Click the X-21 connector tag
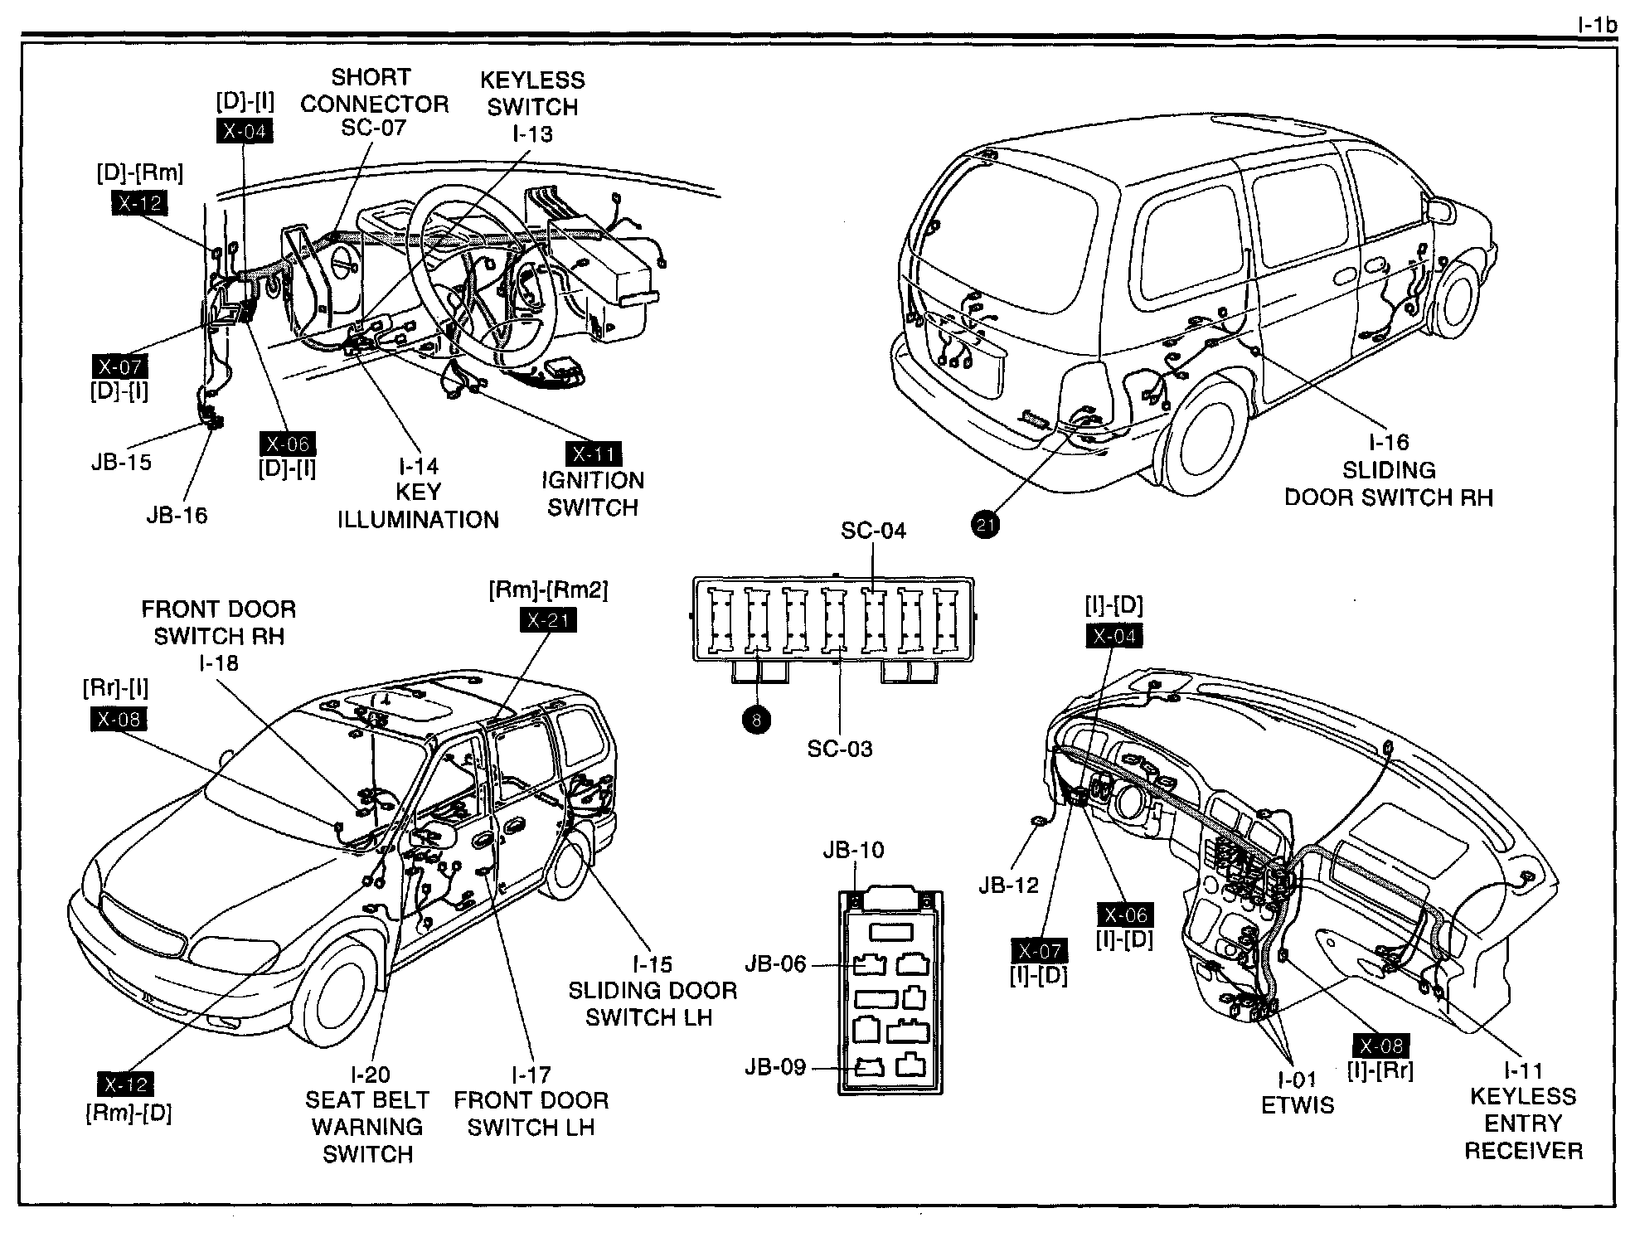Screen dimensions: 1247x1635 coord(547,620)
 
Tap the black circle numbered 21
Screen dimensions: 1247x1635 coord(986,524)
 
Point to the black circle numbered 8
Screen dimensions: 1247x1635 coord(756,721)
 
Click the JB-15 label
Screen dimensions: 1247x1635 coord(121,462)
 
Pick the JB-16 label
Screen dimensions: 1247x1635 coord(177,515)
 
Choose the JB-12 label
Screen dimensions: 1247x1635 coord(1008,885)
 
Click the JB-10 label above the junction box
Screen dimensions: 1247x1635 coord(853,850)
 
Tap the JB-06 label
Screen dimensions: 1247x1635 coord(775,963)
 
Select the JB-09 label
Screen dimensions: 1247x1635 coord(775,1067)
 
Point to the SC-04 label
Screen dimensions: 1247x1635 coord(873,531)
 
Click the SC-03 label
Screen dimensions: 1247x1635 coord(840,750)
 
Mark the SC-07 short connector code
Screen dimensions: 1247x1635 coord(374,129)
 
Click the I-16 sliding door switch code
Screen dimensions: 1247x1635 coord(1388,443)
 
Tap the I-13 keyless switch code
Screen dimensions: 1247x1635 coord(531,133)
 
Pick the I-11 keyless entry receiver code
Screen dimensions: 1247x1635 coord(1523,1070)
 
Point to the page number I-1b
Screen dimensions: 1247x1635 coord(1596,25)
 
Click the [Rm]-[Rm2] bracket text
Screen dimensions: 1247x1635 coord(548,590)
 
